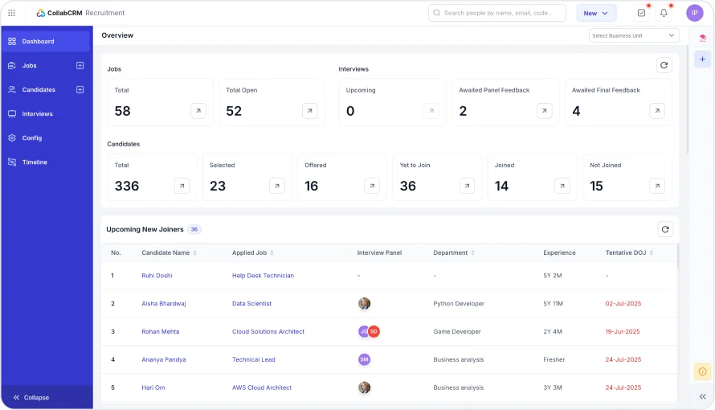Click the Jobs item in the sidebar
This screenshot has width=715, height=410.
[30, 66]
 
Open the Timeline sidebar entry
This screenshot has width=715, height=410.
[35, 162]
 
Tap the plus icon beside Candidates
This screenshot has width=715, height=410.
[80, 90]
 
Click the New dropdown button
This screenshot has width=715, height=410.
[596, 13]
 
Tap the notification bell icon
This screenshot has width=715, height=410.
[664, 13]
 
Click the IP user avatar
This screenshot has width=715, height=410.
[695, 13]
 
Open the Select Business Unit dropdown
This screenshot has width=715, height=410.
[634, 35]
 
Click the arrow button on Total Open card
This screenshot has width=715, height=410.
[310, 111]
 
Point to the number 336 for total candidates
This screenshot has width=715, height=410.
[127, 186]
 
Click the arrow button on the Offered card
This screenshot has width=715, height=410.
[372, 186]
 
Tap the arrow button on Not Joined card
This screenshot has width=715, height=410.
[657, 186]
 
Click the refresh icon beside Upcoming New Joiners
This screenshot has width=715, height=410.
[665, 229]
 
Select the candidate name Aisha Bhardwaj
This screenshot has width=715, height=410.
[164, 304]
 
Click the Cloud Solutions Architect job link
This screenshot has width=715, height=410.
[268, 331]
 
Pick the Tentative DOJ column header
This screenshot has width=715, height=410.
[626, 252]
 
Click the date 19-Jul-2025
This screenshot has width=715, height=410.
[623, 331]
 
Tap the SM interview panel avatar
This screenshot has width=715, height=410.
[364, 359]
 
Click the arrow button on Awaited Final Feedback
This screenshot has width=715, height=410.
[657, 111]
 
